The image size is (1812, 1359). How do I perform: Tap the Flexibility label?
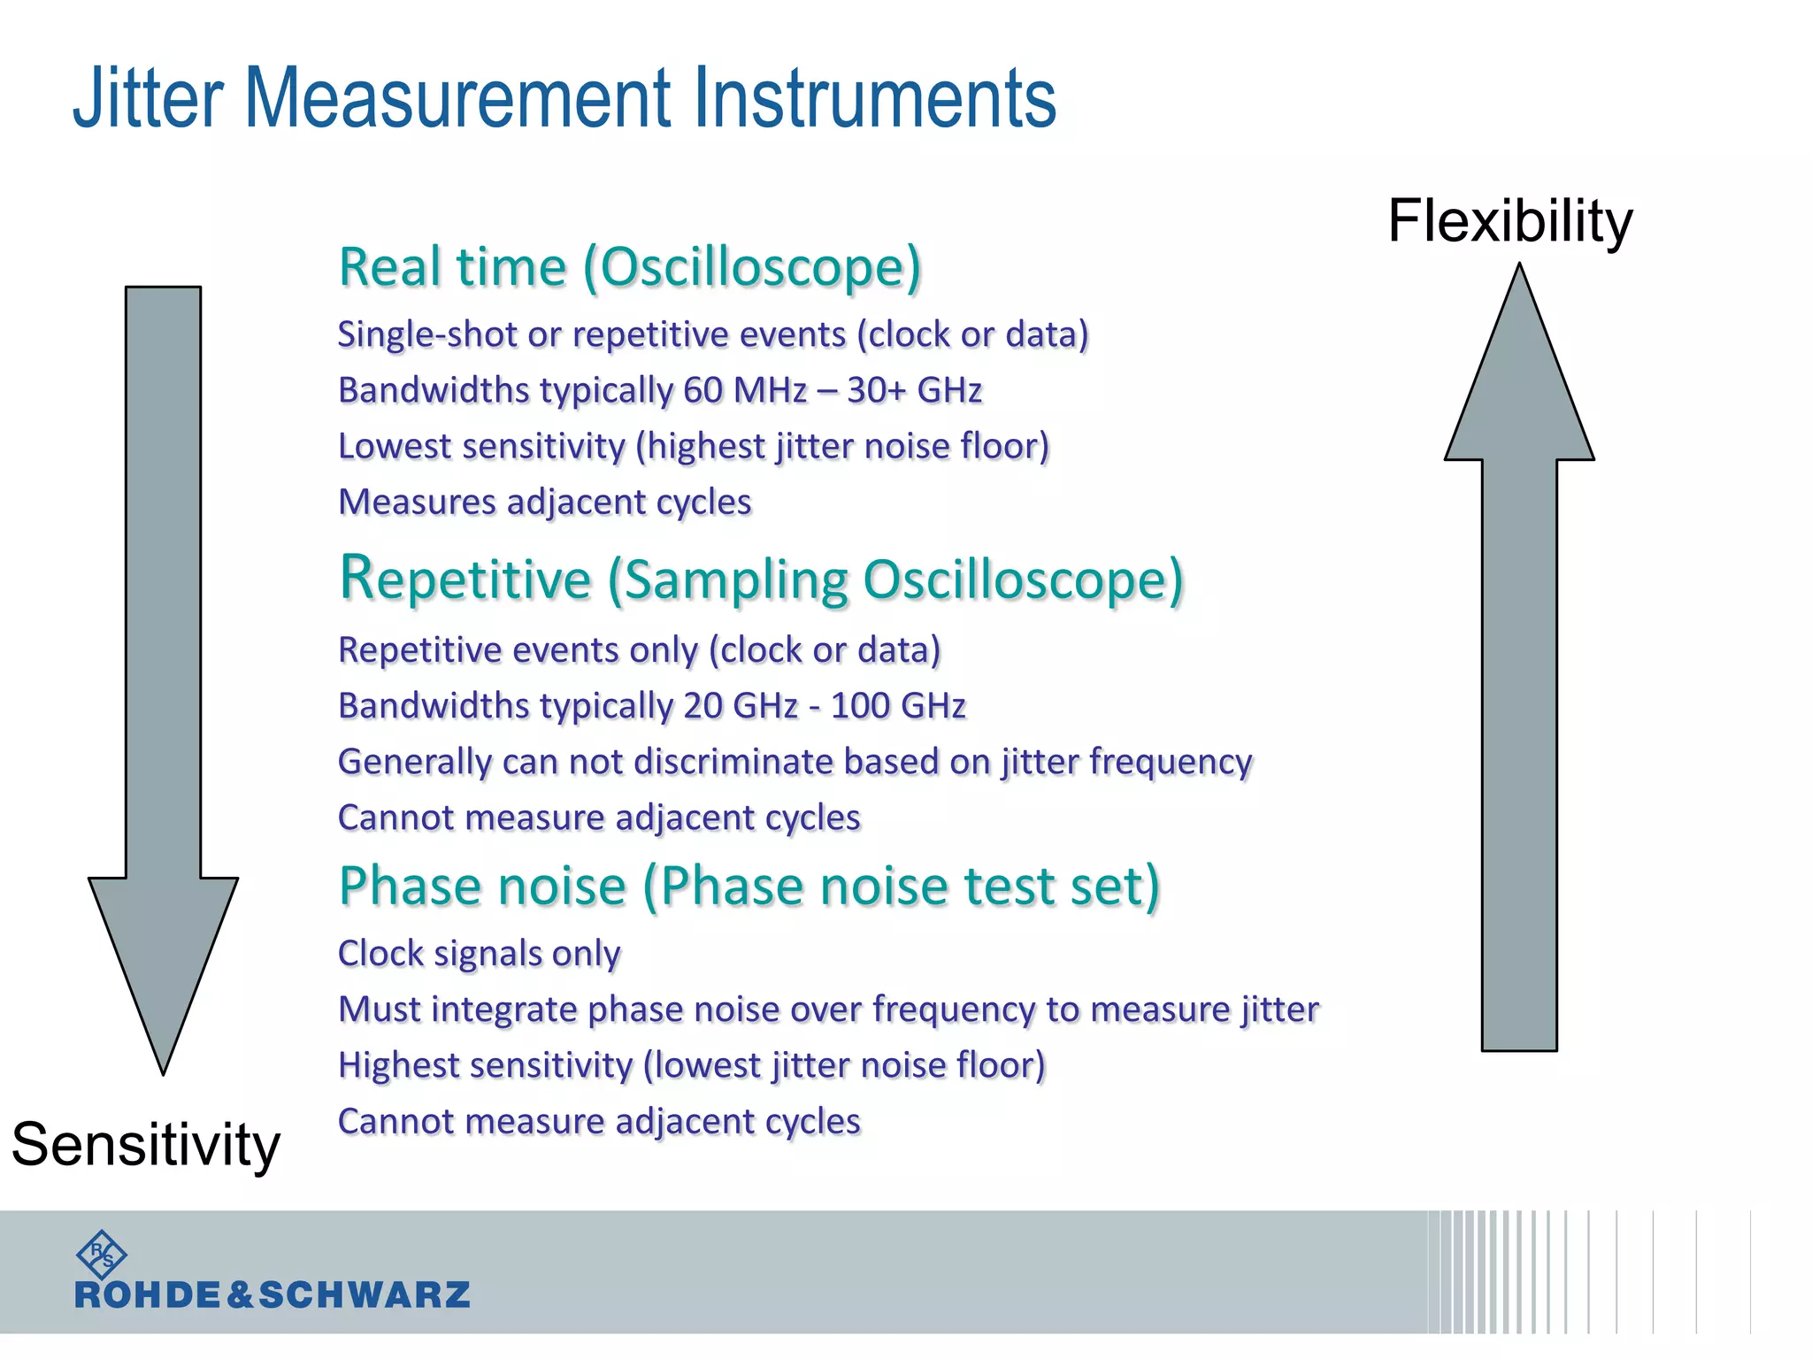pos(1509,220)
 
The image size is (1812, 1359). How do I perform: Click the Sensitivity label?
pos(146,1144)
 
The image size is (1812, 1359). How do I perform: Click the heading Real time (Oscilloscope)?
pos(630,266)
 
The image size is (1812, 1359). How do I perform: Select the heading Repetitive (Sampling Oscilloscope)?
pos(761,580)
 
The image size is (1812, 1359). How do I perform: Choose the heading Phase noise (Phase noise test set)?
pos(749,886)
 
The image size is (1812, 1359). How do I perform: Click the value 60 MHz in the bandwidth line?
pos(745,390)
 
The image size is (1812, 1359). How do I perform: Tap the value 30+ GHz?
pos(914,390)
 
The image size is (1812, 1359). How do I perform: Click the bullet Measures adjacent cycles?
pos(545,503)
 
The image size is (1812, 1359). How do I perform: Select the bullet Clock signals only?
pos(479,954)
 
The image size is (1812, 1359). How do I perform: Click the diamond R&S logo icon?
pos(102,1254)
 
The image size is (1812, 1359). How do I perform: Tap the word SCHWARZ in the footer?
pos(364,1295)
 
